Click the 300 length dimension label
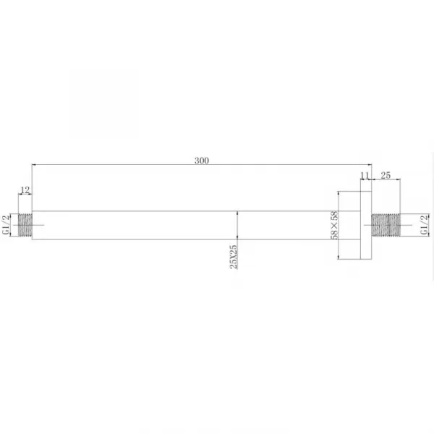point(202,161)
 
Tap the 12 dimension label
point(25,190)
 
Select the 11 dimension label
point(365,176)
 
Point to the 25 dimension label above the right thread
point(386,175)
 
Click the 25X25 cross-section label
point(234,257)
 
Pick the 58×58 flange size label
point(334,225)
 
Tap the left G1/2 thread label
point(6,225)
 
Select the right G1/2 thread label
point(425,225)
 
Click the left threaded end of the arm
point(25,225)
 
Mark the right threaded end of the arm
point(386,225)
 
